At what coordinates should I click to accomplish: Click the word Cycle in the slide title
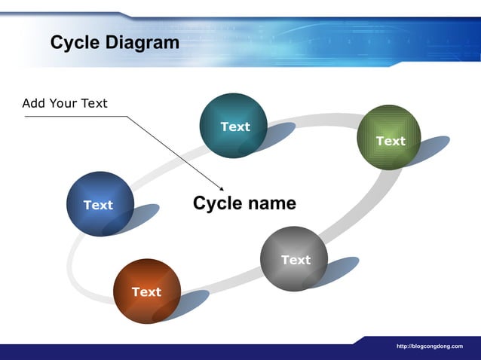(75, 43)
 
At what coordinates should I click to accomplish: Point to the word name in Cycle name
(271, 203)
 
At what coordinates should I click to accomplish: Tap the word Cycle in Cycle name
(216, 203)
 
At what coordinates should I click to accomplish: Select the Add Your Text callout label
(65, 103)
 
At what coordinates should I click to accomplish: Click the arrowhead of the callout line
(222, 189)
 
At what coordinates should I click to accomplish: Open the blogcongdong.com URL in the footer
(429, 346)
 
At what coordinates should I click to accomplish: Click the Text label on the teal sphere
(235, 127)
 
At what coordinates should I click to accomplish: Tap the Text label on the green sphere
(391, 141)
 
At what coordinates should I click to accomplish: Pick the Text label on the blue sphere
(98, 205)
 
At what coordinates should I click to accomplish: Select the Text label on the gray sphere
(296, 260)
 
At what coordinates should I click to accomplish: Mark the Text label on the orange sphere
(146, 291)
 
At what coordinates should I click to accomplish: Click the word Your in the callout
(65, 103)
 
